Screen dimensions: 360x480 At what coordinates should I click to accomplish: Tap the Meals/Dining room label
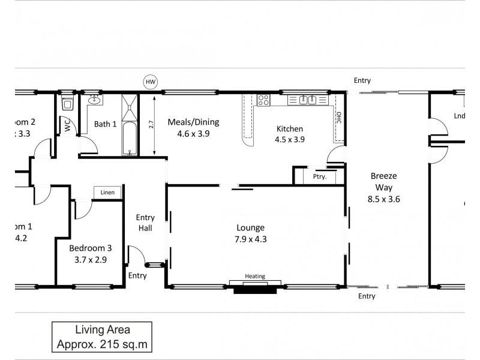[193, 128]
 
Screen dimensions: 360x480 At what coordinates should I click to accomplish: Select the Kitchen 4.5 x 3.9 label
[289, 134]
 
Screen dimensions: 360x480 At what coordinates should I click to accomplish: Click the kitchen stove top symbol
[263, 100]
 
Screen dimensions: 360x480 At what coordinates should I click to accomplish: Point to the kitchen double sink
[307, 100]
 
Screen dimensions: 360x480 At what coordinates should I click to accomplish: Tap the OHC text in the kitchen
[338, 118]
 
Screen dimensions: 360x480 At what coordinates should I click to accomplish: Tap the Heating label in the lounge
[254, 276]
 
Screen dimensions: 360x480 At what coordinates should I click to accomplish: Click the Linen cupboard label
[108, 193]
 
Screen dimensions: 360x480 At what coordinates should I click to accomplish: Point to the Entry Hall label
[145, 223]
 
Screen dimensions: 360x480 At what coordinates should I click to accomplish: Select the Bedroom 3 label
[90, 253]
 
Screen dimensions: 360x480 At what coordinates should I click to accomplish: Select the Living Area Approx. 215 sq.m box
[102, 337]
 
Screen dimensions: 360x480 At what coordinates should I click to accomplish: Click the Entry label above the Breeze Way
[362, 80]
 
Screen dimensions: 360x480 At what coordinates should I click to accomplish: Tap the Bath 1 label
[105, 124]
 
